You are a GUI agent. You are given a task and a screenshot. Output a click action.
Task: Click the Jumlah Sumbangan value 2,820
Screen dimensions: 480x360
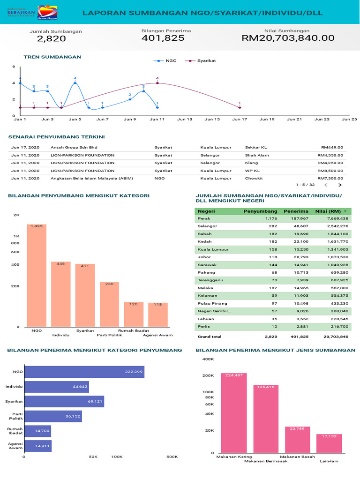point(51,39)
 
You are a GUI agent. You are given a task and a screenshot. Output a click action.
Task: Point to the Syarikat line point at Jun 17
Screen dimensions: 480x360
point(240,107)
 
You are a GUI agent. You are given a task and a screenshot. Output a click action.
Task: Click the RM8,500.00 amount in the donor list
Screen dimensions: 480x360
point(330,171)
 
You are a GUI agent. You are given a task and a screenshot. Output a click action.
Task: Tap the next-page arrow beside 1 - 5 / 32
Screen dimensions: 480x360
point(340,185)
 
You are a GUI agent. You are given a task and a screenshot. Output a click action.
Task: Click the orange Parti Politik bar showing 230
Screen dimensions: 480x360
point(109,305)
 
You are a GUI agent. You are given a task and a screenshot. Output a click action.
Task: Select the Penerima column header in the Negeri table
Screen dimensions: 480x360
point(296,211)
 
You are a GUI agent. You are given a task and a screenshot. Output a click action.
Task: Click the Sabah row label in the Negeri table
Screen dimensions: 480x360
point(204,234)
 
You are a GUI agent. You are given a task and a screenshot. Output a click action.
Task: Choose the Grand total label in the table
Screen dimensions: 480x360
point(210,337)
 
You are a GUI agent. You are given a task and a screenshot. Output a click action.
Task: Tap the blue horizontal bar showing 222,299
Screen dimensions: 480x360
point(84,372)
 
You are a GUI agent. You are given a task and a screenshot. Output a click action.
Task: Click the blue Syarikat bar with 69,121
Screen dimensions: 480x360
point(64,402)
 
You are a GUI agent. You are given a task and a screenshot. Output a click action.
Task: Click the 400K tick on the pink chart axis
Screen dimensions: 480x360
point(208,359)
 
